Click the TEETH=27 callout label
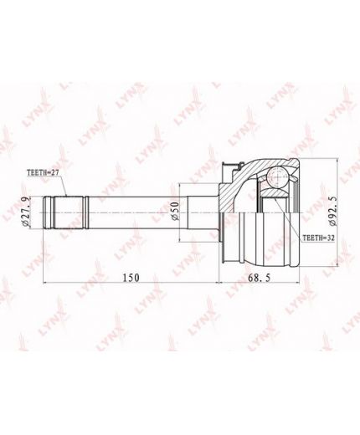(43, 172)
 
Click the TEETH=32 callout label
(318, 238)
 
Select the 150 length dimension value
(131, 278)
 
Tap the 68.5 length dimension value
(260, 278)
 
